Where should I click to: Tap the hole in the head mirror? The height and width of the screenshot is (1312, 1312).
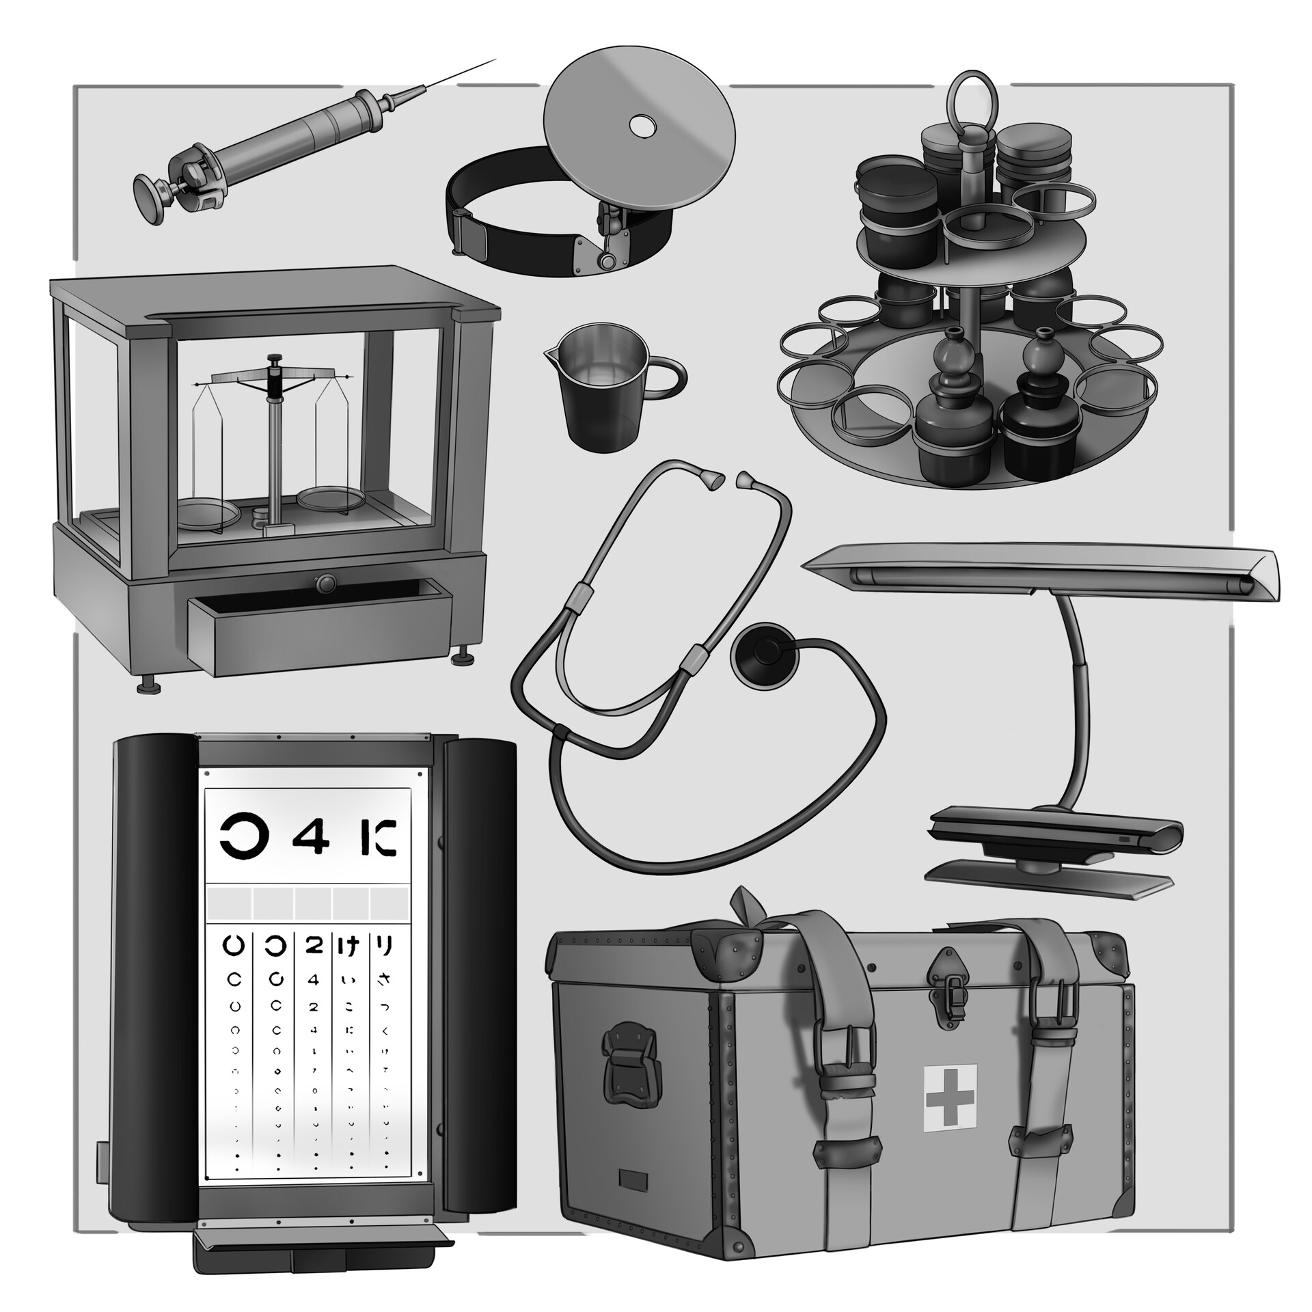(642, 127)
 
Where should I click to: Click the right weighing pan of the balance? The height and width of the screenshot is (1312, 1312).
(326, 497)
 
